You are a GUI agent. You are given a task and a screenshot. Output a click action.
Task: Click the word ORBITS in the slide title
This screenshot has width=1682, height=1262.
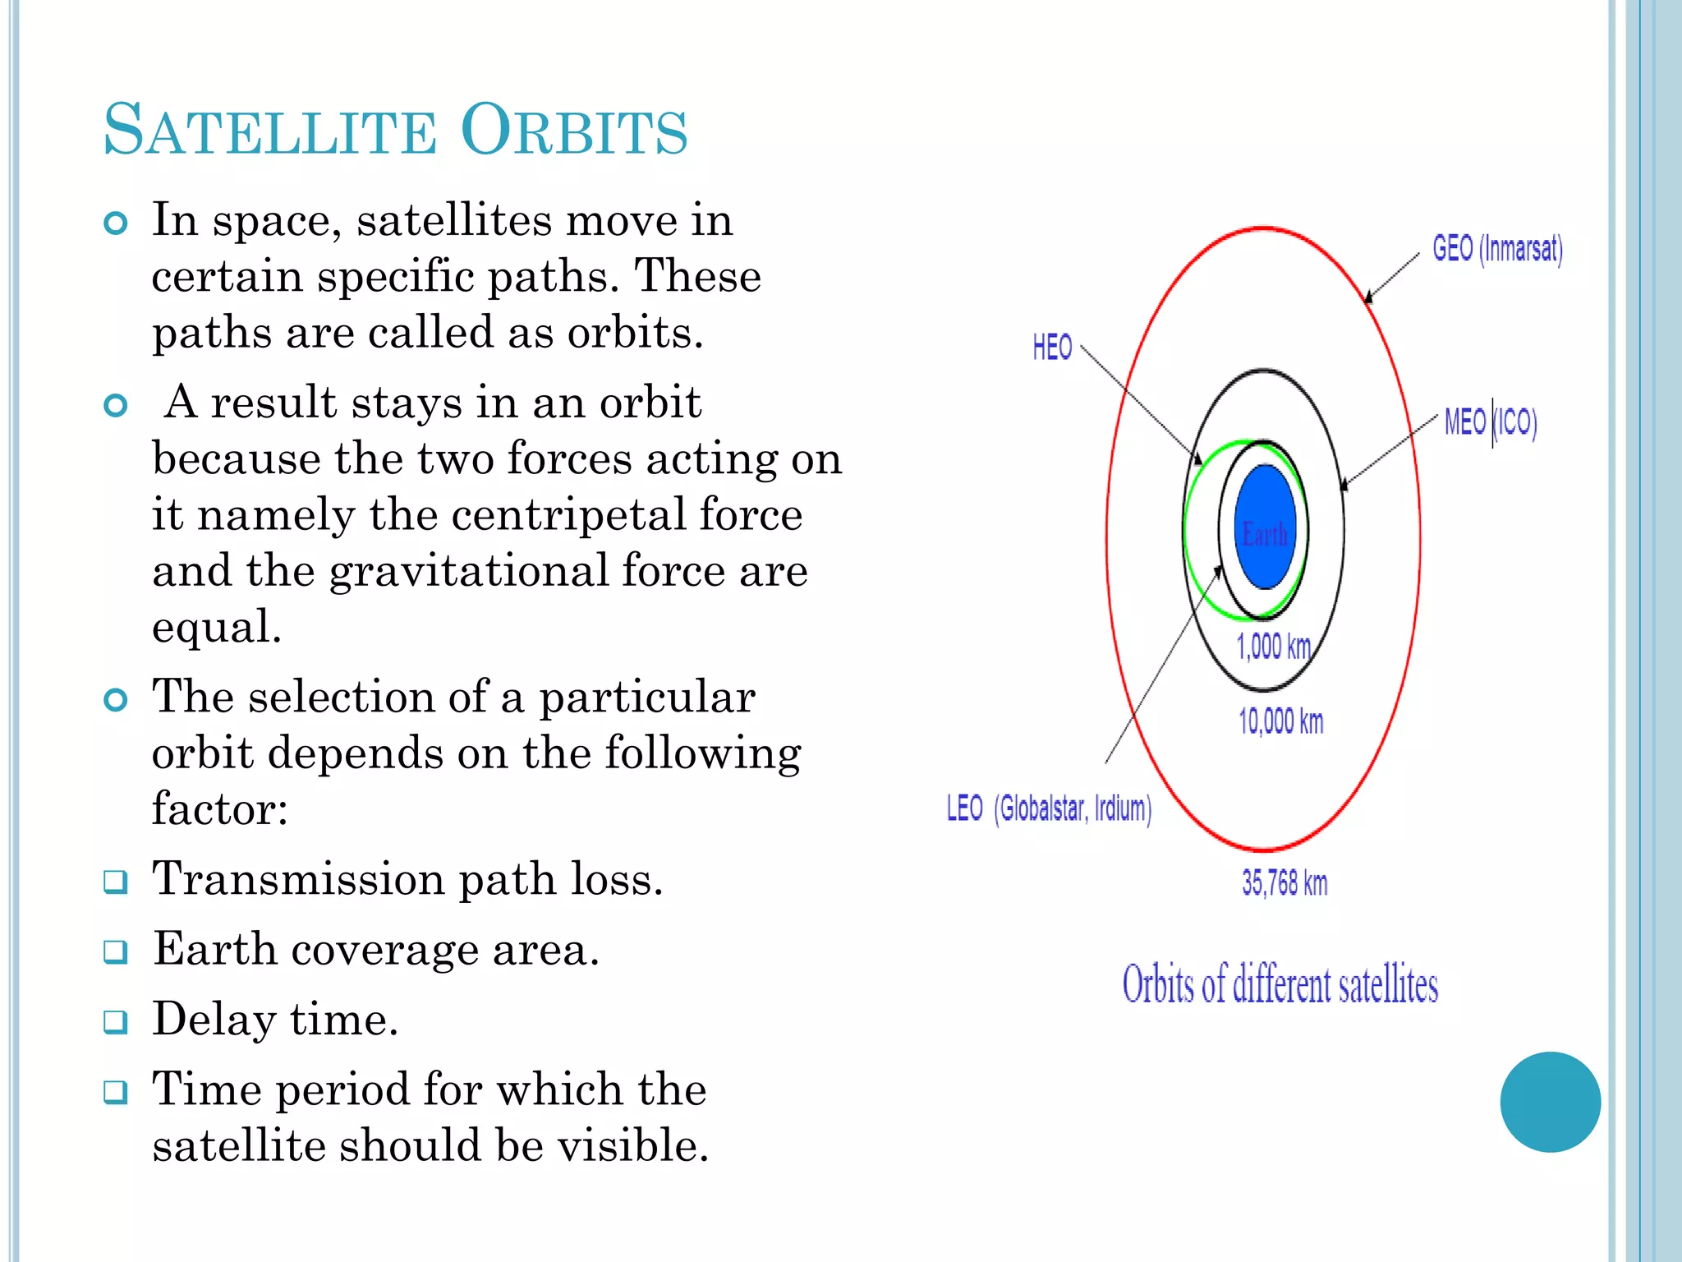click(x=573, y=130)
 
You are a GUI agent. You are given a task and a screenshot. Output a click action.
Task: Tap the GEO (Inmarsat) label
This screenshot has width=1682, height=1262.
click(x=1497, y=248)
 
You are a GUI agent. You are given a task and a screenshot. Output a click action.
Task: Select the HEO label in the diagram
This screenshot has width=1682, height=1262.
click(x=1052, y=347)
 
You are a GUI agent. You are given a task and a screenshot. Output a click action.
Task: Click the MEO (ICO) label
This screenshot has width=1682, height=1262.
click(x=1490, y=422)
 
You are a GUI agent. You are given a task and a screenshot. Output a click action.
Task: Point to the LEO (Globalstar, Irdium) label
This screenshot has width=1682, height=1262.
click(x=1049, y=808)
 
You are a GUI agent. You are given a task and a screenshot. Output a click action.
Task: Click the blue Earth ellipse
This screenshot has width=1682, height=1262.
click(x=1265, y=526)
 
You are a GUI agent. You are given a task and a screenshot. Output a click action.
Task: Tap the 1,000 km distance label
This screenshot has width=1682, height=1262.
click(x=1273, y=647)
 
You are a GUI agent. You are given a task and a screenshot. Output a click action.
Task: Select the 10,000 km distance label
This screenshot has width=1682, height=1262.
click(x=1280, y=721)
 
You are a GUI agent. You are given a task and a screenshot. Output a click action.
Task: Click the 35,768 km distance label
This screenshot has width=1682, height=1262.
click(x=1284, y=883)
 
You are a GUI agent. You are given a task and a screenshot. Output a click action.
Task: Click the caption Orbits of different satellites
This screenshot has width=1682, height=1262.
click(x=1280, y=984)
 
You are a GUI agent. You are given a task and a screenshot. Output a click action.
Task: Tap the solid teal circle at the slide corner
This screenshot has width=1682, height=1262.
click(x=1550, y=1102)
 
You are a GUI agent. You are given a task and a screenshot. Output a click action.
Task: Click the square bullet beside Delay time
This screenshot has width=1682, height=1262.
click(x=116, y=1022)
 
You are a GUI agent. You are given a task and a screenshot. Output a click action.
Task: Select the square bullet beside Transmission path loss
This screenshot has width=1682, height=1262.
click(x=116, y=882)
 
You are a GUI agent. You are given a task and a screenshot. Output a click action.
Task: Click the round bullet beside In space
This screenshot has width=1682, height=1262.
click(x=116, y=223)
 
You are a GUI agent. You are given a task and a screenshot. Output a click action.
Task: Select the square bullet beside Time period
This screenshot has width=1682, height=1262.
click(x=116, y=1092)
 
